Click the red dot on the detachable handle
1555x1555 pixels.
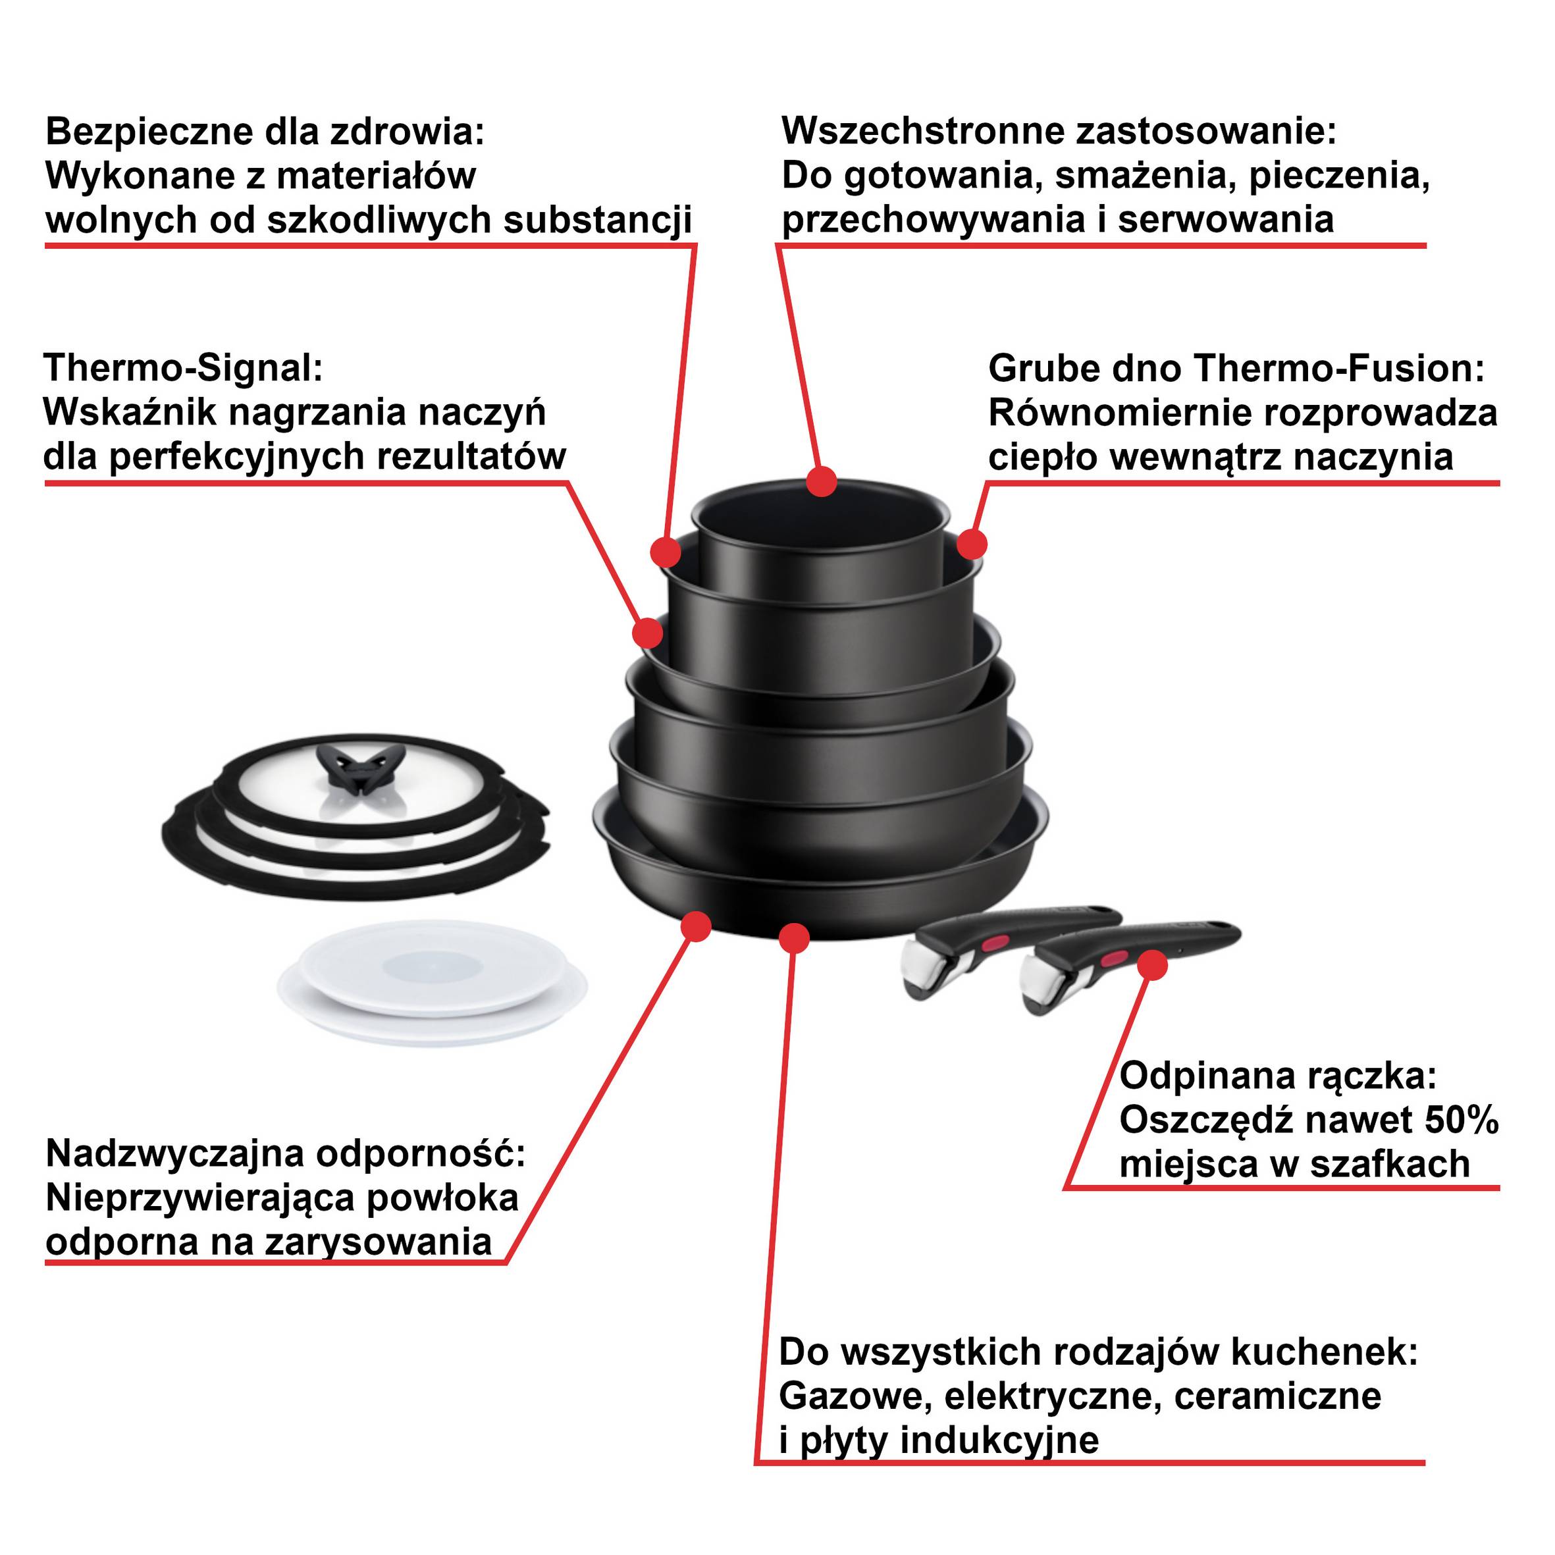[x=1153, y=964]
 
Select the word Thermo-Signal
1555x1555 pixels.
[x=184, y=368]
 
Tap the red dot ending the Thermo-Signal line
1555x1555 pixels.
[x=648, y=632]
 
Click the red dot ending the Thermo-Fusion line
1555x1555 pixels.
[x=972, y=544]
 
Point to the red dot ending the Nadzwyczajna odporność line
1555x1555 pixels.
[x=695, y=926]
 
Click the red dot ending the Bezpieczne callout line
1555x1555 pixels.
[x=666, y=552]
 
